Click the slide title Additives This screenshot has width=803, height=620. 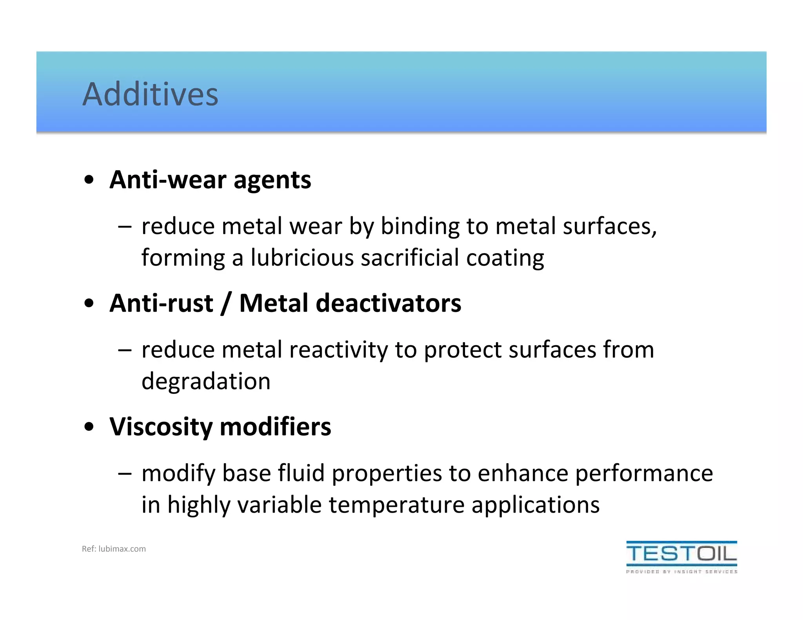[150, 94]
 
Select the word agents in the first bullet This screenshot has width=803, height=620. [272, 181]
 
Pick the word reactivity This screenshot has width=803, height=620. [338, 350]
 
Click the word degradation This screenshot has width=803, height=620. [206, 382]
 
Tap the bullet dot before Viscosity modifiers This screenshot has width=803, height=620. [89, 427]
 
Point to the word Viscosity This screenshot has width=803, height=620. [161, 427]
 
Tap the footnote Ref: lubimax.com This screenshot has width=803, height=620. [114, 549]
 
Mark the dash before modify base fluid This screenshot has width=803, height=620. [125, 474]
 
